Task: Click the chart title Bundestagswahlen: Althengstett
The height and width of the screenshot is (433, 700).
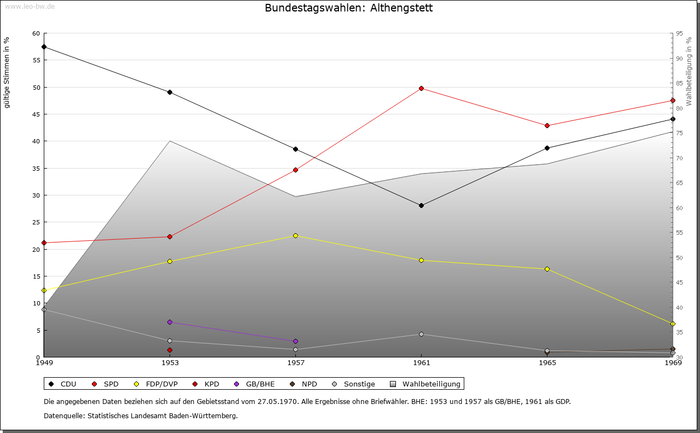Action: pyautogui.click(x=348, y=8)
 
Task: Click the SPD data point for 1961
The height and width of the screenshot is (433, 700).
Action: pyautogui.click(x=421, y=88)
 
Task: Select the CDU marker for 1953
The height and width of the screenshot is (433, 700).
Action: pyautogui.click(x=170, y=92)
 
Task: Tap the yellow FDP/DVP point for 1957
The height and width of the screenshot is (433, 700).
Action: pyautogui.click(x=295, y=235)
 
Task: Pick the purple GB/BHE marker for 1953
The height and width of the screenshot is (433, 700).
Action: pyautogui.click(x=170, y=322)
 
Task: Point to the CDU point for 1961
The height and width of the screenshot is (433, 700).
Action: pyautogui.click(x=421, y=205)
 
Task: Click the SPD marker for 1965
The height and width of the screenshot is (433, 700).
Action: pyautogui.click(x=547, y=125)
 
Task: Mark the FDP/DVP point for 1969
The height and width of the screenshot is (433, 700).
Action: pyautogui.click(x=673, y=324)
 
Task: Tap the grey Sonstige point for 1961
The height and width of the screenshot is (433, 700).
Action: pyautogui.click(x=421, y=334)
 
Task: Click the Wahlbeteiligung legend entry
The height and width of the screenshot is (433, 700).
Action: pyautogui.click(x=427, y=384)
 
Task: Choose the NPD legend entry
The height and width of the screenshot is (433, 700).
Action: pyautogui.click(x=304, y=384)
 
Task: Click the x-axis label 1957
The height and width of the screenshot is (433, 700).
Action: pyautogui.click(x=295, y=362)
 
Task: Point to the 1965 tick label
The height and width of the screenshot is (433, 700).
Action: pyautogui.click(x=547, y=362)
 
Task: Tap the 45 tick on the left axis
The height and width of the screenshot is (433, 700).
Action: pyautogui.click(x=36, y=114)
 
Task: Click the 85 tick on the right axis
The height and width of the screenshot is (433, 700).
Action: pyautogui.click(x=679, y=83)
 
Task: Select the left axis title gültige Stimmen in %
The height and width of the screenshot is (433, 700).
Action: pyautogui.click(x=7, y=72)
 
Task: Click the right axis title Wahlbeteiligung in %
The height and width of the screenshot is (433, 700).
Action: pyautogui.click(x=689, y=71)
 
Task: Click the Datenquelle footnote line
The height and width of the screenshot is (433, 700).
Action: pyautogui.click(x=141, y=415)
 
